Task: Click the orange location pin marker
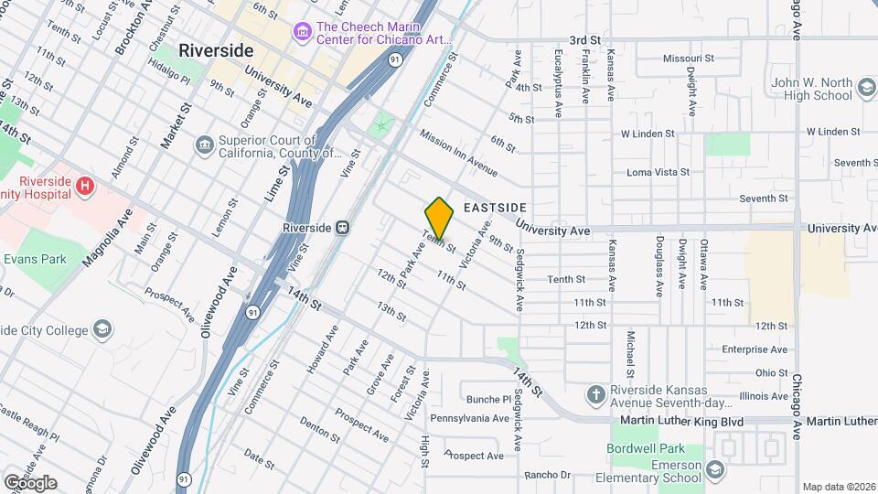[x=440, y=218]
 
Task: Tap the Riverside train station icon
[x=341, y=227]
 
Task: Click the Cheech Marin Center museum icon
[x=301, y=32]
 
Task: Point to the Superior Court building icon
[x=204, y=145]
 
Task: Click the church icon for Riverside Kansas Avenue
[x=596, y=394]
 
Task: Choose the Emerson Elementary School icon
[x=713, y=470]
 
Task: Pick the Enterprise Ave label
[x=755, y=349]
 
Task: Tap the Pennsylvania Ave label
[x=469, y=419]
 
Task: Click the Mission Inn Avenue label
[x=458, y=152]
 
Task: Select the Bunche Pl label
[x=488, y=400]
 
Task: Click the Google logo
[x=29, y=482]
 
